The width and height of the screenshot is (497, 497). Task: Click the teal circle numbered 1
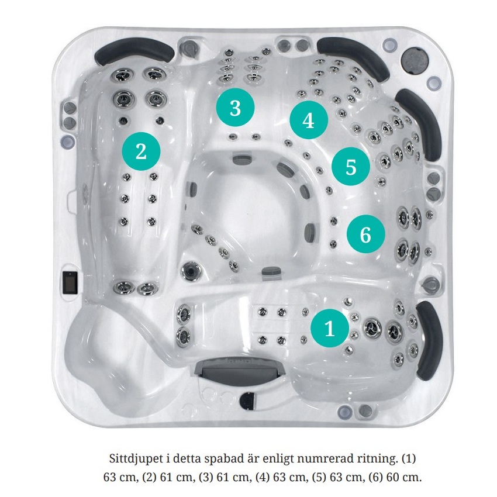coord(329,328)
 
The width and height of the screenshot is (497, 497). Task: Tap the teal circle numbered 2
coord(141,151)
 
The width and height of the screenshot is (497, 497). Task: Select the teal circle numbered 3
coord(235,108)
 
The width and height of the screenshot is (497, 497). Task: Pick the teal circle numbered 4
coord(309,120)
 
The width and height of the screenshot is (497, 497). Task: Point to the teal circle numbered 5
coord(351,166)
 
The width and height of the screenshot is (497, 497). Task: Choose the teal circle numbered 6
coord(366,234)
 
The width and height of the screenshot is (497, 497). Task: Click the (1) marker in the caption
coord(409,458)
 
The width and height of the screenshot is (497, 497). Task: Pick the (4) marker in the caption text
coord(263,477)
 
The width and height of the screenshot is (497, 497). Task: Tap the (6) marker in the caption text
coord(375,477)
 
